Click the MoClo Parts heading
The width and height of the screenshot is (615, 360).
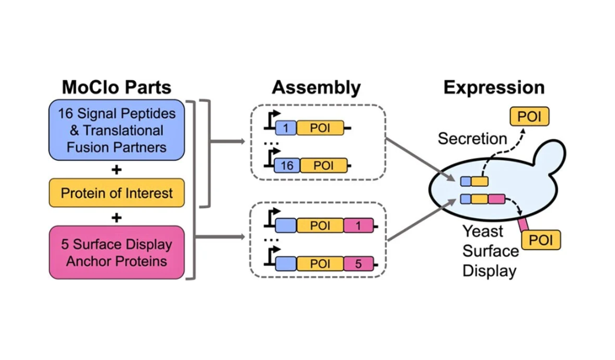coord(117,88)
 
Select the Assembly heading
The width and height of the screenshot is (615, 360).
coord(316,88)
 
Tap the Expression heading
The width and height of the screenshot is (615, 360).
coord(494,88)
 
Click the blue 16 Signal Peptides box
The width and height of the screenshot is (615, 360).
coord(117,131)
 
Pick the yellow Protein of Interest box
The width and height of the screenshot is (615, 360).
coord(117,193)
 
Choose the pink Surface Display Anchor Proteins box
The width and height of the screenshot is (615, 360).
coord(117,253)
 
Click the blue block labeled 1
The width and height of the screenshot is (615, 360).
coord(285,127)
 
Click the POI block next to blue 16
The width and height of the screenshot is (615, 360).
coord(324,165)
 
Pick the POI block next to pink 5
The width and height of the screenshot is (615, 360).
coord(320,264)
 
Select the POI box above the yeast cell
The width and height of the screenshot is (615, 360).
coord(529,116)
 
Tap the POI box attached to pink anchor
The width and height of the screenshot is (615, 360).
coord(541,240)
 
